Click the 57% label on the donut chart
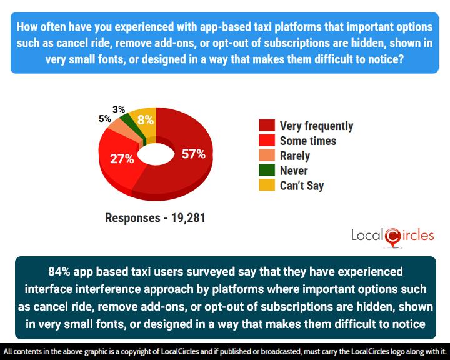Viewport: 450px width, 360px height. [193, 154]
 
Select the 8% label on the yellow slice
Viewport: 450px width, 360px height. [146, 121]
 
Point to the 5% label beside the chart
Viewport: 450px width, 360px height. [104, 118]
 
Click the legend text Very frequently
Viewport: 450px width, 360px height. [316, 126]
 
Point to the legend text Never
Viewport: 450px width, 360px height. [294, 171]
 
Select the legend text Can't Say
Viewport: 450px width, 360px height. [302, 186]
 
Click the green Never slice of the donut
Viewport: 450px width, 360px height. [127, 118]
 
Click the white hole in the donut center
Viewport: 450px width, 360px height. [152, 154]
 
